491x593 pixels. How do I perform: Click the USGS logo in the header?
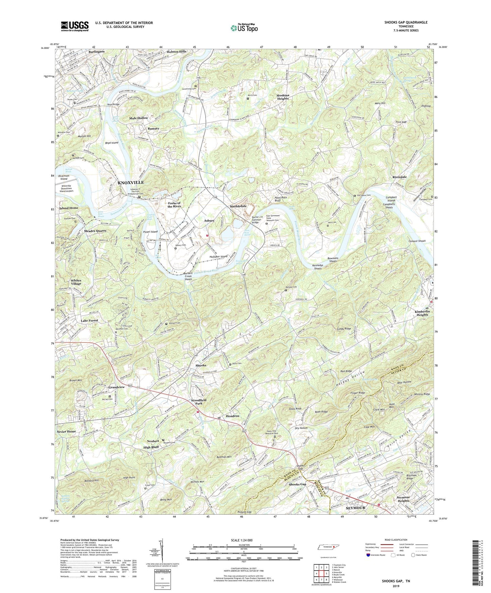[75, 26]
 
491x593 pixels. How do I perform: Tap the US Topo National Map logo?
[244, 28]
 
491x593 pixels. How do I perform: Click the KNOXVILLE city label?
[131, 182]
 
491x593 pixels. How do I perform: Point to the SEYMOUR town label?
[355, 508]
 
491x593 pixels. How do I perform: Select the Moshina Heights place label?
[283, 97]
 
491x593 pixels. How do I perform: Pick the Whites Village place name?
[76, 282]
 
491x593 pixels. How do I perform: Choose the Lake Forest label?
[89, 320]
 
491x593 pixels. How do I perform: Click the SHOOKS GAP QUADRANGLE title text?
[406, 22]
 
